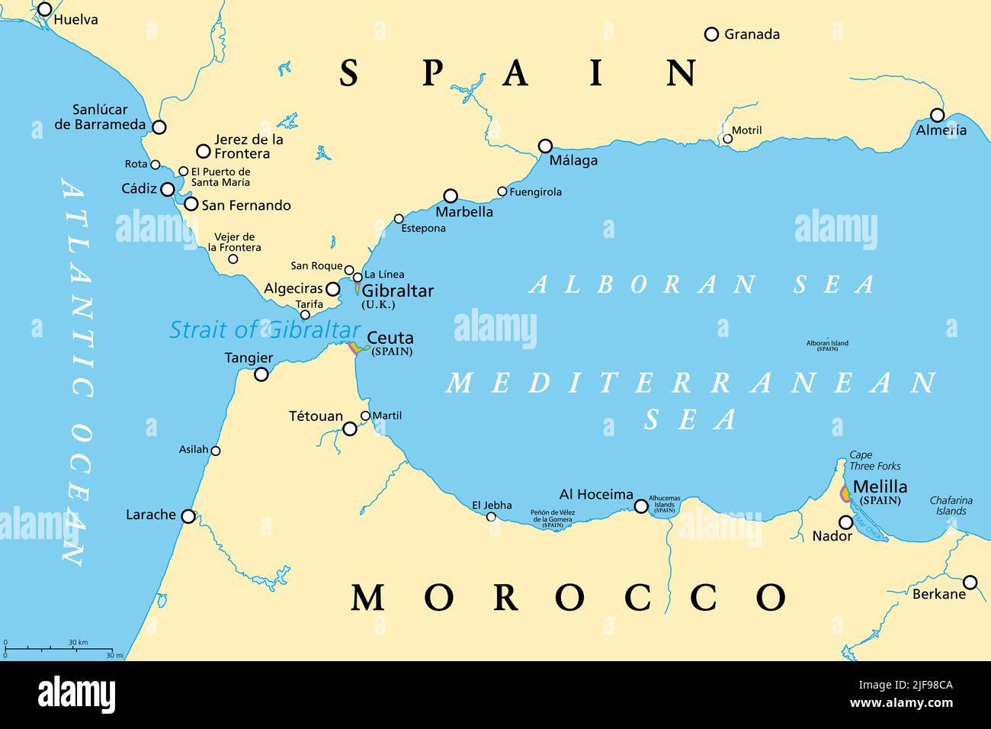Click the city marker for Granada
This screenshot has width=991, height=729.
click(x=711, y=34)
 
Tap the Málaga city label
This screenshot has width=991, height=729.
click(x=573, y=161)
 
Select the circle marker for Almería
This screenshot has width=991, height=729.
click(x=937, y=115)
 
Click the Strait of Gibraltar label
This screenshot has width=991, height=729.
click(x=265, y=330)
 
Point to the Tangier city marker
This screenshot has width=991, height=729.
click(x=261, y=374)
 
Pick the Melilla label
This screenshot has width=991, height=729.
click(x=880, y=487)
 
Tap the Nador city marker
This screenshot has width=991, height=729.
click(x=845, y=522)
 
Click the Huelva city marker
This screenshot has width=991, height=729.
click(x=45, y=9)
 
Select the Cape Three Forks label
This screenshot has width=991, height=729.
click(x=874, y=461)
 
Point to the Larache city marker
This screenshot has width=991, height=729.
click(x=188, y=516)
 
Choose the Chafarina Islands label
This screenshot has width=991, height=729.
click(x=951, y=506)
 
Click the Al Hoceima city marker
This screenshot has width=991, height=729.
click(x=641, y=506)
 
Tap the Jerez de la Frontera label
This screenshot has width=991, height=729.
click(x=249, y=146)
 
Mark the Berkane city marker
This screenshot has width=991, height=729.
click(x=970, y=583)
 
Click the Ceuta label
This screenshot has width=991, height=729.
click(x=390, y=338)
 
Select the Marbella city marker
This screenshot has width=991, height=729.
click(x=451, y=196)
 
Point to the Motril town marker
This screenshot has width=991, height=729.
click(x=726, y=140)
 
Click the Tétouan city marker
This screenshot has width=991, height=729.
click(x=350, y=429)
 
